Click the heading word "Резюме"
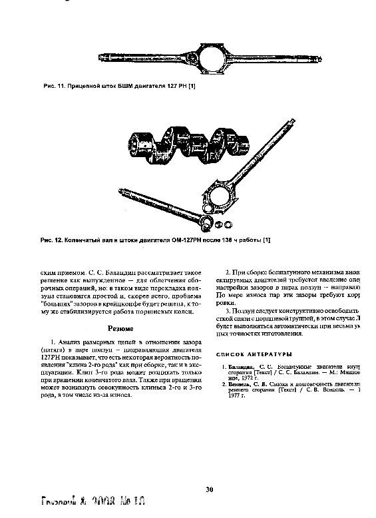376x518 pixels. click(x=121, y=328)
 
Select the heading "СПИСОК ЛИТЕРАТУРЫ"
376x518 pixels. click(x=256, y=354)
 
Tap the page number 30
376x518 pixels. click(x=209, y=489)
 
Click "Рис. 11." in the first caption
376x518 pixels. click(x=53, y=87)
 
